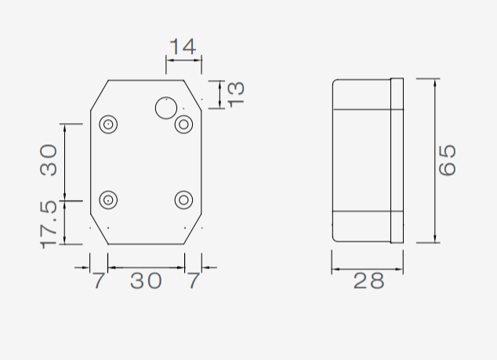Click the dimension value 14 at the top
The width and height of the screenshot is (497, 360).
pos(183,46)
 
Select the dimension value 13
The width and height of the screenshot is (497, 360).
pos(236,95)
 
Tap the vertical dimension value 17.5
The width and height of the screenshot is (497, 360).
pos(49,224)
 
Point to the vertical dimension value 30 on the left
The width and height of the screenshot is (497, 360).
pos(49,160)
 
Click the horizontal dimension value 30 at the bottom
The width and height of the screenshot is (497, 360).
pos(146,280)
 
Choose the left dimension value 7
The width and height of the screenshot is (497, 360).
pos(100,280)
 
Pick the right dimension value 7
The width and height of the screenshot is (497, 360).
pos(194,280)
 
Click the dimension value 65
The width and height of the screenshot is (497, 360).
pos(448,160)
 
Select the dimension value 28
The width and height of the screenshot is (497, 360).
pos(368,281)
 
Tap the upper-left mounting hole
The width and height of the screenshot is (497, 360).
pos(108,124)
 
